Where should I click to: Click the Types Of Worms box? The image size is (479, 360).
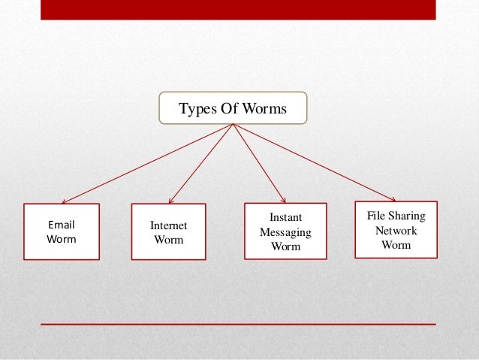coord(233,109)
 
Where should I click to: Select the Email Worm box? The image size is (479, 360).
coord(62,231)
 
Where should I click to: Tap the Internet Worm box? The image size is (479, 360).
coord(168,232)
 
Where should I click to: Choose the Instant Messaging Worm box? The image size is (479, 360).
coord(285,231)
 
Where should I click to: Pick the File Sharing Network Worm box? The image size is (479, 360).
coord(396,230)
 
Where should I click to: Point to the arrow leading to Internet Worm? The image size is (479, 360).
coord(201,163)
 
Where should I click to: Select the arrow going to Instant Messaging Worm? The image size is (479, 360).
coord(259,163)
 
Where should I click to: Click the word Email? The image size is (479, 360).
coord(62,224)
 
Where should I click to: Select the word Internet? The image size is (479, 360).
coord(168,225)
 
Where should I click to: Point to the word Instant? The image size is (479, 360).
coord(285,218)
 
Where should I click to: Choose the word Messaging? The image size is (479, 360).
coord(285,232)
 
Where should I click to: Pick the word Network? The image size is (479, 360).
coord(396,231)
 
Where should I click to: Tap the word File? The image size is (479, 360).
coord(376,216)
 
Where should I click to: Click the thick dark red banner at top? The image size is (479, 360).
coord(237,9)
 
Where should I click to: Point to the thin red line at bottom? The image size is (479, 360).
coord(237,324)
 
